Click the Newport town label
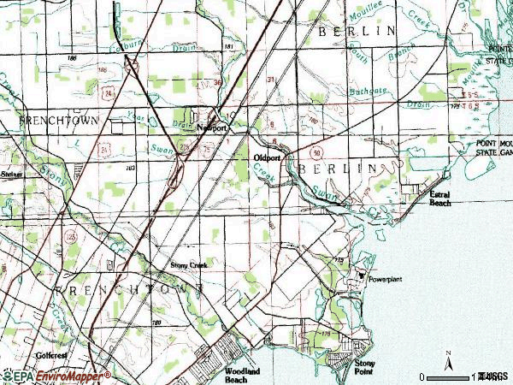212,127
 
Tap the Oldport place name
268,158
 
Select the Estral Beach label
440,199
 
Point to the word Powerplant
386,280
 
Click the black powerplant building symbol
362,276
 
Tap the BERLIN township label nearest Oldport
337,169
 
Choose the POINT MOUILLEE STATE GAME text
493,146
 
